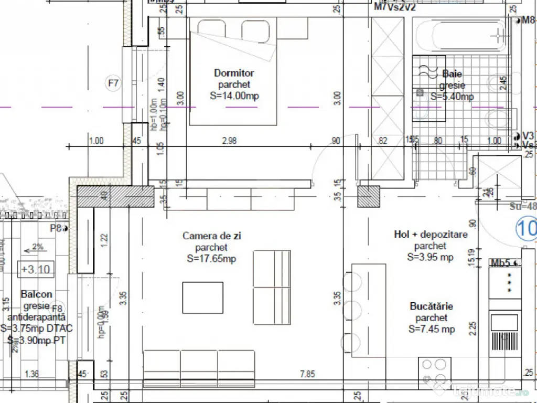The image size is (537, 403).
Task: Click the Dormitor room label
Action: coord(234,73)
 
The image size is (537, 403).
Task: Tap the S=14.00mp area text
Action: coord(234,96)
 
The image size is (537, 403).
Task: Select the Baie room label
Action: coord(452,74)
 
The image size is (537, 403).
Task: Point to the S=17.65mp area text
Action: coord(211,259)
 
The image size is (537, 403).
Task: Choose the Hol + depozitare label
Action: coord(430,235)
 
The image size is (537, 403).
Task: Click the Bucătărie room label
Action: coord(432,306)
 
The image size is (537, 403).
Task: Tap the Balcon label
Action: coord(36,294)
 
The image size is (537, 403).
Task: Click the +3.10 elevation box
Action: coord(36,270)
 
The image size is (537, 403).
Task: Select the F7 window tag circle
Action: coord(113,83)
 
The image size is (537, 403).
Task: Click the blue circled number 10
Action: coord(526,229)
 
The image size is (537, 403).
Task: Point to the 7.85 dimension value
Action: coord(307,374)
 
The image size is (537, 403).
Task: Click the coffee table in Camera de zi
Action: coord(202,298)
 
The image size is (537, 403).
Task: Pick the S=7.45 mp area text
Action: coord(432,330)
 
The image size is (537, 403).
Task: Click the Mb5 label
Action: coord(500,262)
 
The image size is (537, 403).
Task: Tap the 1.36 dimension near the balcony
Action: coord(32,374)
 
